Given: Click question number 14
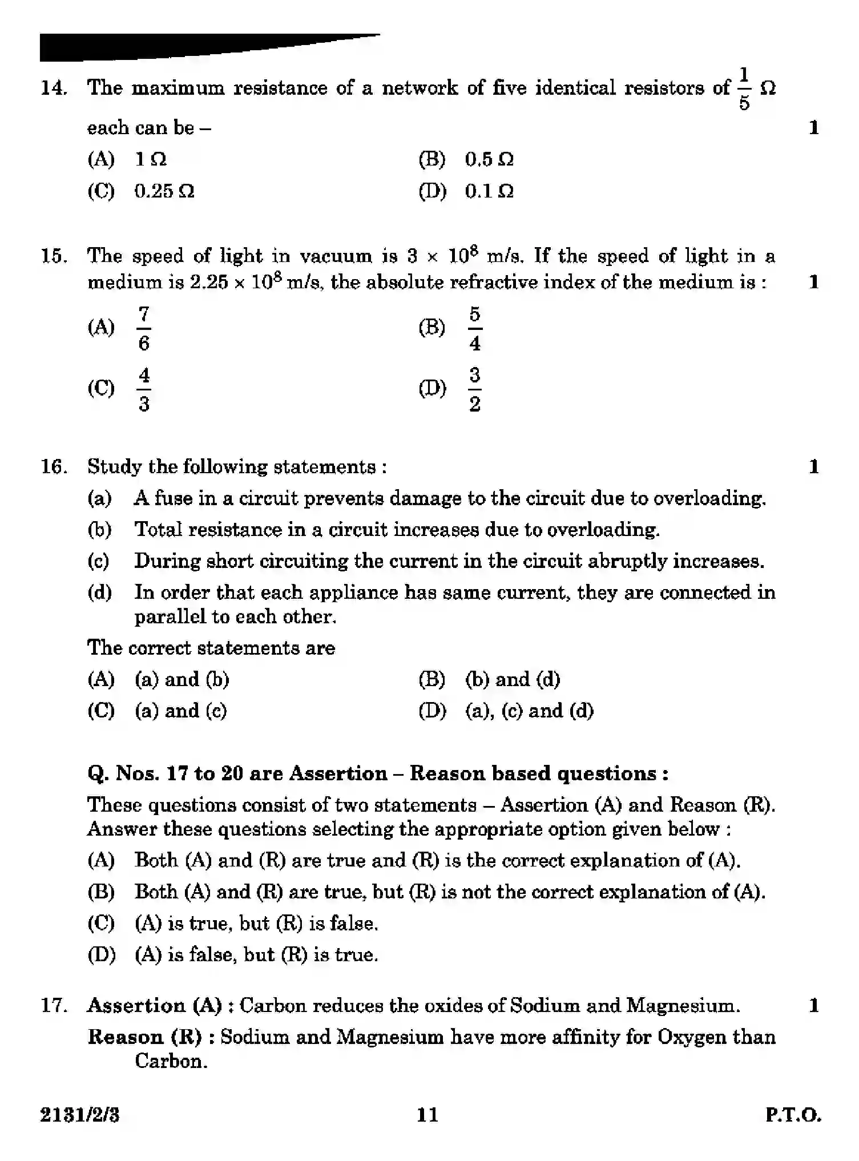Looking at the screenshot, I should pyautogui.click(x=54, y=88).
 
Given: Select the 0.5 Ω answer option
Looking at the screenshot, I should pyautogui.click(x=489, y=159).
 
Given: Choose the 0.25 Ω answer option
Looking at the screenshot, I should pyautogui.click(x=164, y=191).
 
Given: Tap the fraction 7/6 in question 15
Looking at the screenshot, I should pyautogui.click(x=144, y=328).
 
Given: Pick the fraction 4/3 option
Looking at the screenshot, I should pyautogui.click(x=144, y=389).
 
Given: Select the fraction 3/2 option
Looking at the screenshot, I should pyautogui.click(x=474, y=389).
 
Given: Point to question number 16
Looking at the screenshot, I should pyautogui.click(x=54, y=467).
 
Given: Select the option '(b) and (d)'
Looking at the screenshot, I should pyautogui.click(x=512, y=679).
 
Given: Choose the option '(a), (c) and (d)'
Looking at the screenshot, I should pyautogui.click(x=529, y=711).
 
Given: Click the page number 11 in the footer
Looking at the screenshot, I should pyautogui.click(x=428, y=1115).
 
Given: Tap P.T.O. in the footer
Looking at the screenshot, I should pyautogui.click(x=793, y=1115).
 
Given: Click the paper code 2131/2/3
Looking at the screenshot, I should pyautogui.click(x=80, y=1115).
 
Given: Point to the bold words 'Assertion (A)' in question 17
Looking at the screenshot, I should pyautogui.click(x=154, y=1005).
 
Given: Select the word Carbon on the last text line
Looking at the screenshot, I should pyautogui.click(x=170, y=1061).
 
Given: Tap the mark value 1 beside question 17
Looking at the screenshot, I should pyautogui.click(x=814, y=1005).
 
